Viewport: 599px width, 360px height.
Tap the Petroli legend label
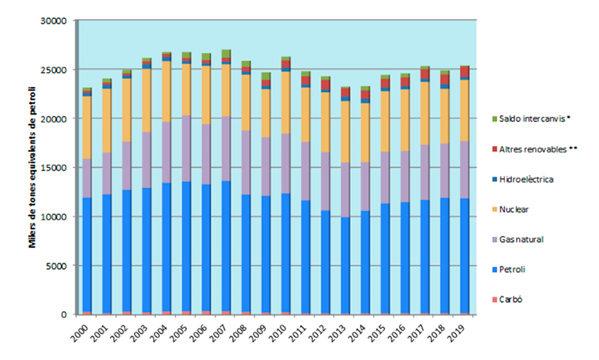[x=514, y=268]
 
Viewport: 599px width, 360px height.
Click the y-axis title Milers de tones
[x=32, y=167]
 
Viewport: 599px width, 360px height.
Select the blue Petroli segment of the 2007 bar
[x=226, y=247]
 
